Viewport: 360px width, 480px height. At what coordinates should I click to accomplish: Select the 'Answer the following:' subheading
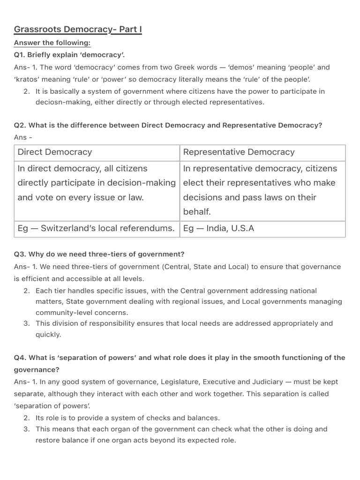pyautogui.click(x=52, y=43)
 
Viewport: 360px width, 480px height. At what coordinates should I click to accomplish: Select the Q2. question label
pyautogui.click(x=21, y=125)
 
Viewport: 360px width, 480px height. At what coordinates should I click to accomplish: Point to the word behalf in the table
pyautogui.click(x=197, y=211)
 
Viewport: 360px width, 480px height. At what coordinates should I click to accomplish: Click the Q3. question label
pyautogui.click(x=21, y=254)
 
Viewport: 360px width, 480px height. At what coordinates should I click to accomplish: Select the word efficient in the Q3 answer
pyautogui.click(x=36, y=278)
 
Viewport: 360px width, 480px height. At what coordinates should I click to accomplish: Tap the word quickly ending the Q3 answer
pyautogui.click(x=48, y=334)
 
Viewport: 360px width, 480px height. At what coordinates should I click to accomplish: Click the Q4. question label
pyautogui.click(x=21, y=357)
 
